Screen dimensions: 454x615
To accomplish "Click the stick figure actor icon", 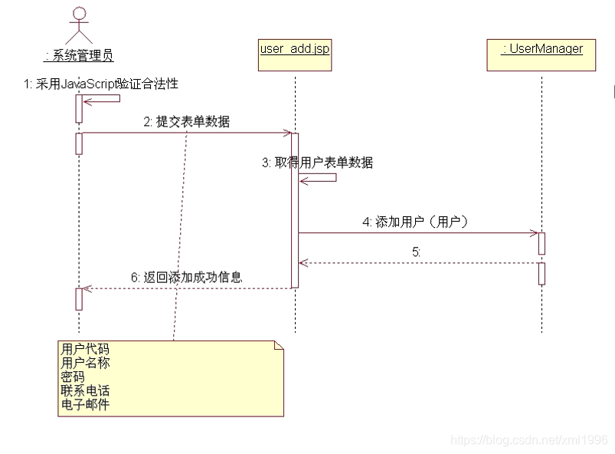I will pyautogui.click(x=79, y=25).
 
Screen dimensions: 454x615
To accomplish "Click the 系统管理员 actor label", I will pyautogui.click(x=79, y=54).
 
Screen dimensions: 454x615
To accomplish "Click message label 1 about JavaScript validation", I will pyautogui.click(x=101, y=84).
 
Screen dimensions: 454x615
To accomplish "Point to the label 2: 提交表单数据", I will pyautogui.click(x=186, y=121).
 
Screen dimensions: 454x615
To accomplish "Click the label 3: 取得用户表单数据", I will pyautogui.click(x=317, y=163).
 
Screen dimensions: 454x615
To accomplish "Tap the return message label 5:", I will pyautogui.click(x=416, y=251).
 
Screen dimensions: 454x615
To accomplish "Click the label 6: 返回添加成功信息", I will pyautogui.click(x=187, y=277).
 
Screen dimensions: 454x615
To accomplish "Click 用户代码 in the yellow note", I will pyautogui.click(x=85, y=350).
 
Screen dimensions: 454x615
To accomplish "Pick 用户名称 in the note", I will pyautogui.click(x=85, y=363).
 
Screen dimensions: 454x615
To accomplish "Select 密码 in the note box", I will pyautogui.click(x=73, y=377).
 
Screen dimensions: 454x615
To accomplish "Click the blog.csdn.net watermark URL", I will pyautogui.click(x=528, y=440).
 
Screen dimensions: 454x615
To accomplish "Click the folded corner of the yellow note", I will pyautogui.click(x=278, y=347).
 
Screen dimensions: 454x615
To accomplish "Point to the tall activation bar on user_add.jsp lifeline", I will pyautogui.click(x=295, y=211).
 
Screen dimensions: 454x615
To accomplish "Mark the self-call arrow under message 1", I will pyautogui.click(x=103, y=98).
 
